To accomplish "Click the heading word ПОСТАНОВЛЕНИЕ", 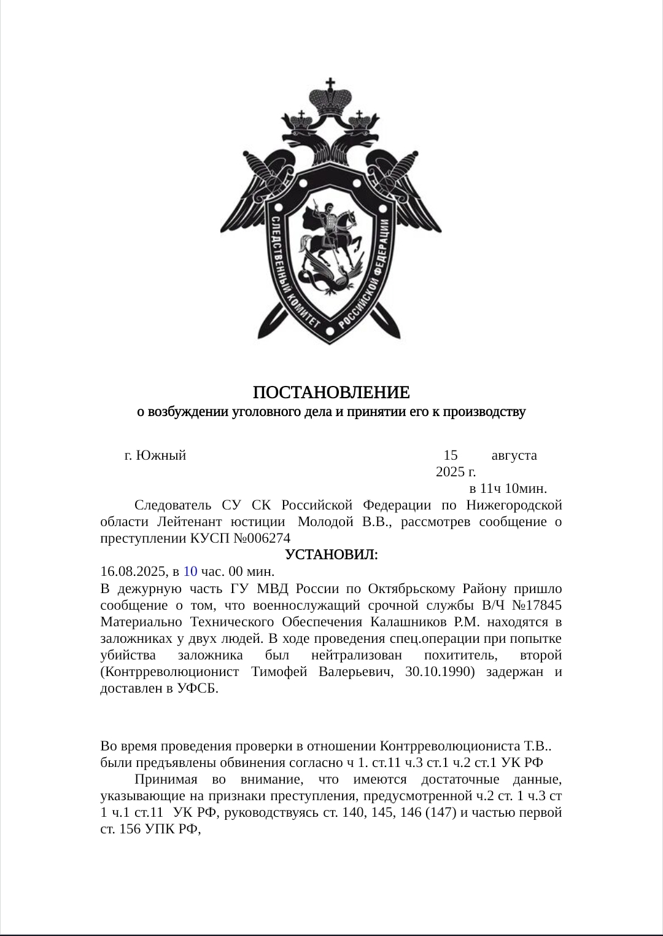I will click(x=331, y=392).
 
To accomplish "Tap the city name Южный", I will click(x=161, y=455).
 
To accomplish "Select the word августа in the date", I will click(x=514, y=455).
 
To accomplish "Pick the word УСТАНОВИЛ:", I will click(x=331, y=554).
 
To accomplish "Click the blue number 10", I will click(x=190, y=571).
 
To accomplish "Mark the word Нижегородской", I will click(x=514, y=505).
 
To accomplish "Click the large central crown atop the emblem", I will click(x=331, y=98).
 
